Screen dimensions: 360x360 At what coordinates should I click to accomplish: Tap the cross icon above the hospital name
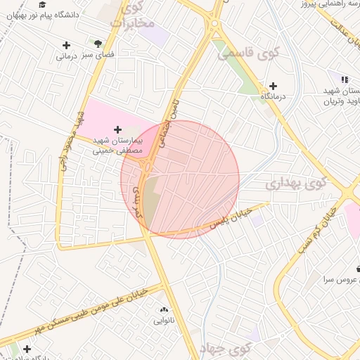(117, 130)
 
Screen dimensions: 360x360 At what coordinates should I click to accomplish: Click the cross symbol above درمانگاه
(274, 85)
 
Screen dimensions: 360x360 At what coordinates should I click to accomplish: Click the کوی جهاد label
(224, 347)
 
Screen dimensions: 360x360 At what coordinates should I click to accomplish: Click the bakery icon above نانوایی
(164, 310)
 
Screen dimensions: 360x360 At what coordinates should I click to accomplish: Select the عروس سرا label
(337, 278)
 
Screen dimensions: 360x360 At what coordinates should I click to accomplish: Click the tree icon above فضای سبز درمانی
(97, 43)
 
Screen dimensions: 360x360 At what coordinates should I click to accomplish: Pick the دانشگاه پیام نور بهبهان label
(67, 14)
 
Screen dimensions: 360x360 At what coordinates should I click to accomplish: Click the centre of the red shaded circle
(180, 180)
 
